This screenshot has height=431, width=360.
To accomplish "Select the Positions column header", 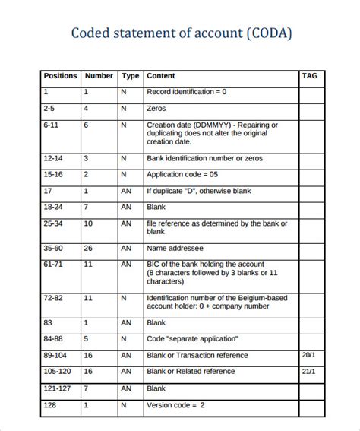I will tap(60, 76).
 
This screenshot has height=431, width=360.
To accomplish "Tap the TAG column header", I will tap(310, 76).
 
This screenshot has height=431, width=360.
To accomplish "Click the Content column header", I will tap(160, 76).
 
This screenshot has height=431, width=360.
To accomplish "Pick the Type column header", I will tap(131, 76).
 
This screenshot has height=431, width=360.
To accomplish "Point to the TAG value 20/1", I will tap(308, 355).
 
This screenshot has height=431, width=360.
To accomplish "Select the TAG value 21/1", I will tap(308, 372).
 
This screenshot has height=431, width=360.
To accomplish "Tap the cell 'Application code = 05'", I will tap(182, 175).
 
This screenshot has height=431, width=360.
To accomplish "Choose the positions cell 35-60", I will tap(53, 248).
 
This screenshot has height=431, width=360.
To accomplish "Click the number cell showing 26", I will tap(88, 248).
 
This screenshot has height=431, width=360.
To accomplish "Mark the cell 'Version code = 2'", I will tap(175, 406).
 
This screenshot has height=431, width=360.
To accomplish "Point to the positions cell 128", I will tap(50, 406).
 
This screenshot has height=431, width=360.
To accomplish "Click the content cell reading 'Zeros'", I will tap(157, 109).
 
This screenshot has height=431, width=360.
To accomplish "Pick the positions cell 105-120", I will tap(58, 372).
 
